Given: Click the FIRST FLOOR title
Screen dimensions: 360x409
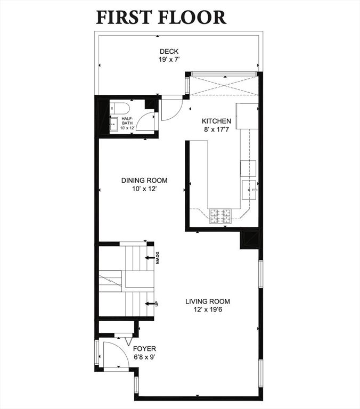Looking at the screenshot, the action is tap(161, 17).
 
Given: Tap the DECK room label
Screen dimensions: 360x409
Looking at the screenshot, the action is tap(169, 51).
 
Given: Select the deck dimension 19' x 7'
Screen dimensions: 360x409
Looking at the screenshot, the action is tap(169, 60).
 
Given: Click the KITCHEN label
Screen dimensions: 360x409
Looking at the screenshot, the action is tap(216, 121).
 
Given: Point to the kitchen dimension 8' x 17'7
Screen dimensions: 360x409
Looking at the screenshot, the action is tap(216, 129).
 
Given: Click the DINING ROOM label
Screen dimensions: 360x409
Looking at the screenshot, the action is tap(144, 180).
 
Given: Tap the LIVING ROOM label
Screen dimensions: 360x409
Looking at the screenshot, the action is tap(208, 301).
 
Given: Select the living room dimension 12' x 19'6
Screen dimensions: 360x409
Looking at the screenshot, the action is tap(208, 310).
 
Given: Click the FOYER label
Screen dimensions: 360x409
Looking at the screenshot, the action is tap(144, 349).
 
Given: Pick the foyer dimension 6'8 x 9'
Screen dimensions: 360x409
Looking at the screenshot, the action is tap(144, 357).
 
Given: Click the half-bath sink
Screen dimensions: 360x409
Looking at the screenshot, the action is tap(114, 124).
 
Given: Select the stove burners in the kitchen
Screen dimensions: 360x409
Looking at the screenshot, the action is tap(220, 216).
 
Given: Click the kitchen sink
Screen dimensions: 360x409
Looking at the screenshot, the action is tap(249, 190).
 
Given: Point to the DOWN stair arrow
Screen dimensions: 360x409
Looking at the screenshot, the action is tap(150, 258).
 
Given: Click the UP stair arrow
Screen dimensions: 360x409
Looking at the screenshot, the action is tap(150, 304).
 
